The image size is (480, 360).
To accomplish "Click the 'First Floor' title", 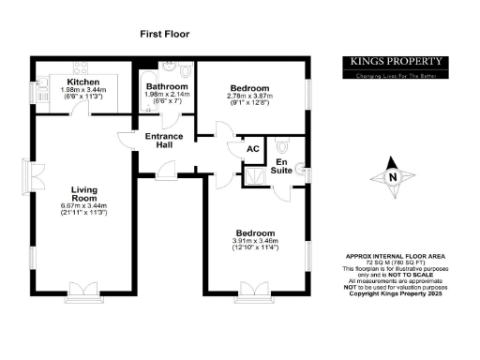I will [164, 34].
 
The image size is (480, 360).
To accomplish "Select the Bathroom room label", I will [167, 86].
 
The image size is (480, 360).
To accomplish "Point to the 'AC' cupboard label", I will [251, 149].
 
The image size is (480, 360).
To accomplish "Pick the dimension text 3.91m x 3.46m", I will [255, 241].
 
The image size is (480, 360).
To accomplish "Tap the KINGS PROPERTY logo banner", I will [395, 66].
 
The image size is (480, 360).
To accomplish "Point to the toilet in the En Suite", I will [283, 146].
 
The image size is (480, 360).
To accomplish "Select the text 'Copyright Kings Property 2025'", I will [395, 295].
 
